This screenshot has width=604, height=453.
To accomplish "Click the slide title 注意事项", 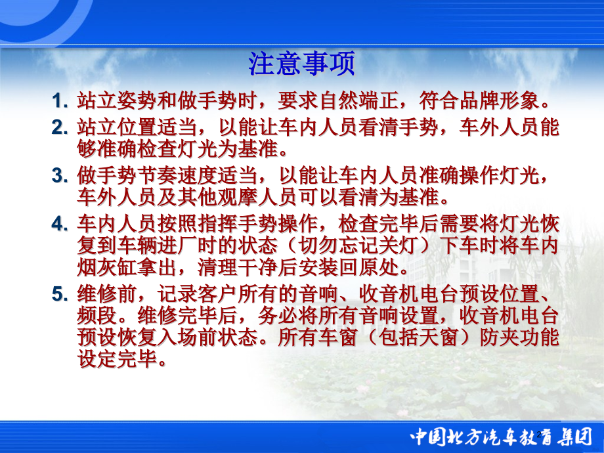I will (302, 64).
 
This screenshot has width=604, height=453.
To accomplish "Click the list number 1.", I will (60, 101).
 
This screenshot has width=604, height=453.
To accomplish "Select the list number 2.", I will (60, 127).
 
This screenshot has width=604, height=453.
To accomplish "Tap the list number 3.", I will (60, 175).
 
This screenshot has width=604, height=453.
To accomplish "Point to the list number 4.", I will (60, 223).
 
